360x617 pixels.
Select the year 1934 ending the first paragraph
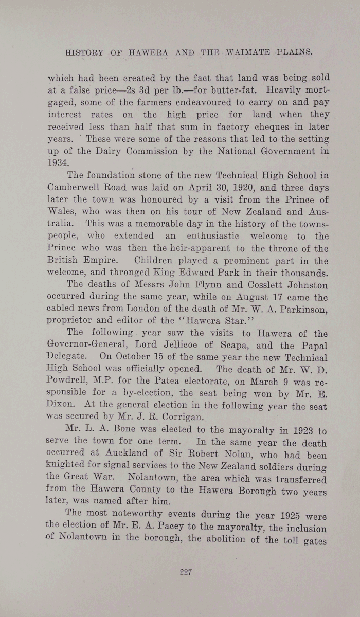58,162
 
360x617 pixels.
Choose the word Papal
310,346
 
